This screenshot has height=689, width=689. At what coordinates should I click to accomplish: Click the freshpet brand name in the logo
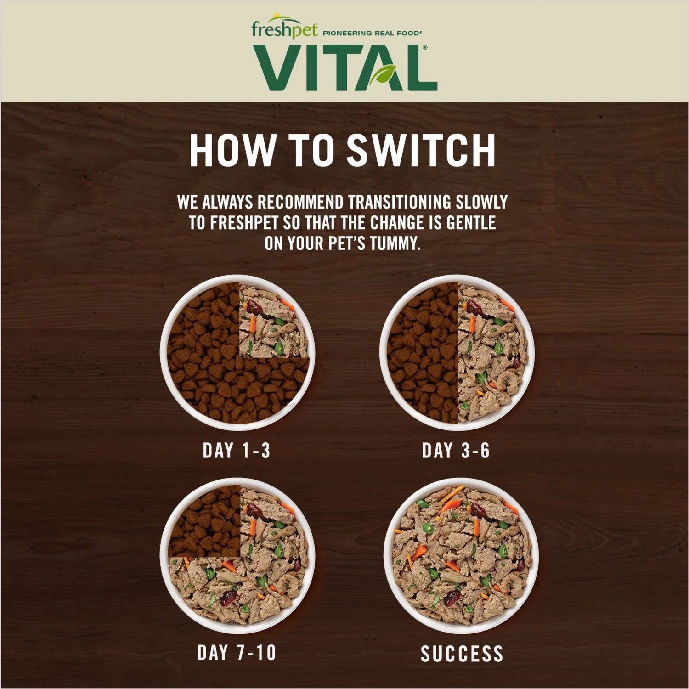pyautogui.click(x=284, y=30)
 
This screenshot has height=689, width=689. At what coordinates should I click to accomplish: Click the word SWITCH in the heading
pyautogui.click(x=421, y=150)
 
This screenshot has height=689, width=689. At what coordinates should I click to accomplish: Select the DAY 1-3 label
pyautogui.click(x=236, y=451)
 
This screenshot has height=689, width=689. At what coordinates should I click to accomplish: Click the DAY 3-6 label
pyautogui.click(x=456, y=451)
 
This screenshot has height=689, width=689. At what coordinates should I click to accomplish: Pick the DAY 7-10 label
pyautogui.click(x=236, y=652)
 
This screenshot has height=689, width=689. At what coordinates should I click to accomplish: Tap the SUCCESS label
pyautogui.click(x=462, y=654)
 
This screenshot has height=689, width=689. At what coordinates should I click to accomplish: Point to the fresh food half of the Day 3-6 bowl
pyautogui.click(x=494, y=353)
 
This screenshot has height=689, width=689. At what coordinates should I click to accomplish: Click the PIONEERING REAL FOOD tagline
pyautogui.click(x=373, y=33)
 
